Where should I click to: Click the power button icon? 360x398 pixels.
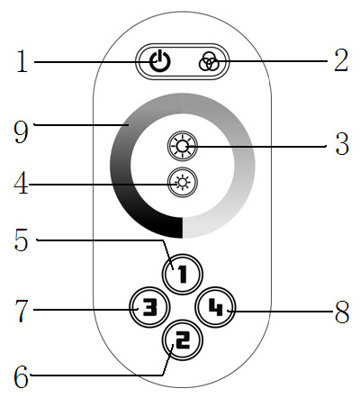[x=160, y=61]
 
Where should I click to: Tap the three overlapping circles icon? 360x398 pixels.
[x=209, y=61]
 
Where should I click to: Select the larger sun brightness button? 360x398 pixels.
[x=183, y=147]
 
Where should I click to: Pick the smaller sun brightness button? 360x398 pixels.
[x=183, y=182]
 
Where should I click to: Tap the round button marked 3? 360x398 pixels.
[x=149, y=307]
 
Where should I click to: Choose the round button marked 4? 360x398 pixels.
[x=216, y=307]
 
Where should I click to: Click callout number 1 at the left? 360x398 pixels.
[x=22, y=61]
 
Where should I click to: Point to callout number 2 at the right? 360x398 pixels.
[x=341, y=61]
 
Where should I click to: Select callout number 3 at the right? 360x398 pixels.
[x=342, y=144]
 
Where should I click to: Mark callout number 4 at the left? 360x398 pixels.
[x=22, y=183]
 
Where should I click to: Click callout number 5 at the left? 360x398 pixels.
[x=22, y=240]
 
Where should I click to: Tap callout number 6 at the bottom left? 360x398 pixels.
[x=22, y=377]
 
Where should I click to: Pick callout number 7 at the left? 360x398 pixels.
[x=22, y=311]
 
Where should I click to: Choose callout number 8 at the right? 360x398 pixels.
[x=342, y=312]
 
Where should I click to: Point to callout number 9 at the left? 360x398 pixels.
[x=21, y=132]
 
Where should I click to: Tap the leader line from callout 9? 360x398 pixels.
[x=81, y=124]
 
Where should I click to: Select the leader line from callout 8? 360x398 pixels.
[x=281, y=312]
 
